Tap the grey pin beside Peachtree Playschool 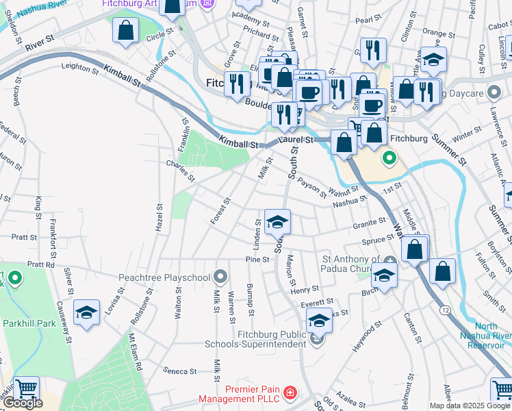pos(220,277)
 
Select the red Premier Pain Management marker pos(290,393)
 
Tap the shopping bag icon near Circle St pos(126,30)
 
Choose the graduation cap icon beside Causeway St pos(87,312)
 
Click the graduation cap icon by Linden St pos(277,222)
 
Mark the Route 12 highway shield pos(446,310)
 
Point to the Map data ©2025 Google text pos(470,406)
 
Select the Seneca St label pos(180,371)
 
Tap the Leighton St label pos(80,67)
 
